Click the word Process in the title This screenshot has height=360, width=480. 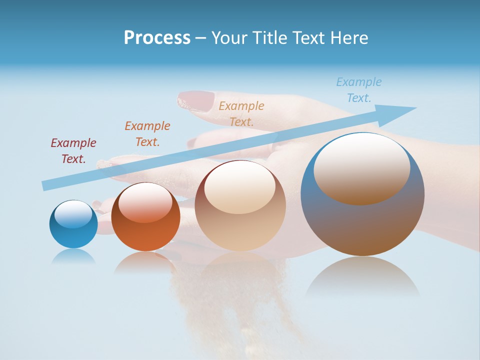[x=157, y=38]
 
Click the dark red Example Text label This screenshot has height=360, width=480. [x=73, y=150]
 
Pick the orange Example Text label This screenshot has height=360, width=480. [x=147, y=133]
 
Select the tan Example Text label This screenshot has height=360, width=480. [x=241, y=113]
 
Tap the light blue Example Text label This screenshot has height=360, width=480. [x=359, y=89]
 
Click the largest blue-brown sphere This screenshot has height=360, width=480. [x=362, y=220]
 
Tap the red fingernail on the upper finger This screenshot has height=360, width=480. [x=196, y=100]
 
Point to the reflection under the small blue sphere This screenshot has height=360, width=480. [x=73, y=256]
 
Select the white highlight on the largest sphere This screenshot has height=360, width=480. [x=362, y=167]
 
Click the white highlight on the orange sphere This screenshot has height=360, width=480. [x=145, y=201]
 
